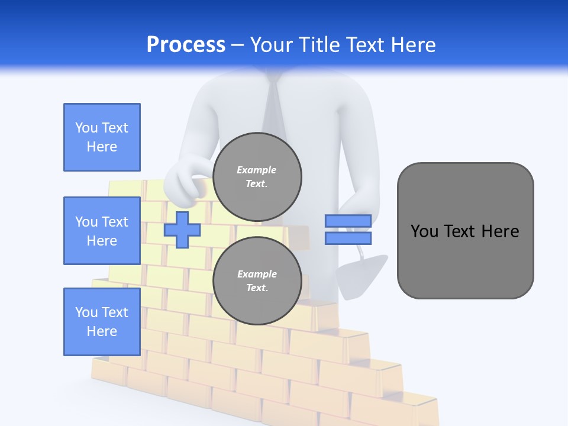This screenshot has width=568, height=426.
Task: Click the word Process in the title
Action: (186, 45)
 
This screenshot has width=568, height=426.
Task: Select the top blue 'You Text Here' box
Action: (102, 137)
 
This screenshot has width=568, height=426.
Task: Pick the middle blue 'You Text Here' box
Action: (102, 231)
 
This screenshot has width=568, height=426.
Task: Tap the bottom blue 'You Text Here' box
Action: (102, 322)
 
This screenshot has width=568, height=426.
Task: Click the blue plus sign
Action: (182, 230)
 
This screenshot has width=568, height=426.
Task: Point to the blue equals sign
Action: (348, 230)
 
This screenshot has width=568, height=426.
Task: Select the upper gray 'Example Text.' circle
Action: (257, 177)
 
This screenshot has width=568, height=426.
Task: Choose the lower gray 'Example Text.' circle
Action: (257, 281)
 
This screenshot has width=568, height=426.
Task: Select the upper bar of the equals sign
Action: (348, 221)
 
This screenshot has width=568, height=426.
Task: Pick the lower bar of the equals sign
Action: (348, 238)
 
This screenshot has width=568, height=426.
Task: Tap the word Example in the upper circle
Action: (257, 170)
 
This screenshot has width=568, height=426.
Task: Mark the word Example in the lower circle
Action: (257, 275)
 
